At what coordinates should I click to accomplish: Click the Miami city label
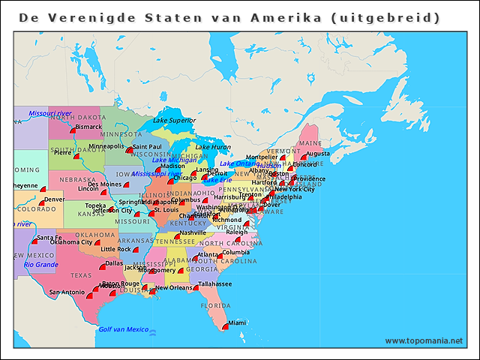pyautogui.click(x=236, y=322)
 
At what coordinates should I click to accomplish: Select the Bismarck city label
pyautogui.click(x=88, y=127)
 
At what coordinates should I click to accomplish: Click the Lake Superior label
pyautogui.click(x=174, y=120)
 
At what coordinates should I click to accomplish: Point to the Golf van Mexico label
pyautogui.click(x=124, y=329)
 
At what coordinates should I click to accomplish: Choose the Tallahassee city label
pyautogui.click(x=215, y=284)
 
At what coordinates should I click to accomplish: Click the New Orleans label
pyautogui.click(x=173, y=287)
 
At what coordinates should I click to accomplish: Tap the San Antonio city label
pyautogui.click(x=67, y=292)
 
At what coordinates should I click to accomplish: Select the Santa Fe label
pyautogui.click(x=49, y=238)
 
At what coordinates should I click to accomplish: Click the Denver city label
pyautogui.click(x=54, y=199)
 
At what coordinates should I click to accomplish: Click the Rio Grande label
pyautogui.click(x=40, y=264)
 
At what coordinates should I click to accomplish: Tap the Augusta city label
pyautogui.click(x=318, y=153)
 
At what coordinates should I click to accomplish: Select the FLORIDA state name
pyautogui.click(x=214, y=305)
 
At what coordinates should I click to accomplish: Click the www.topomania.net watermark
pyautogui.click(x=424, y=340)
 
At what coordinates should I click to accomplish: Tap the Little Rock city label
pyautogui.click(x=116, y=249)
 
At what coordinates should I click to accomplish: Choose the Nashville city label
pyautogui.click(x=193, y=232)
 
